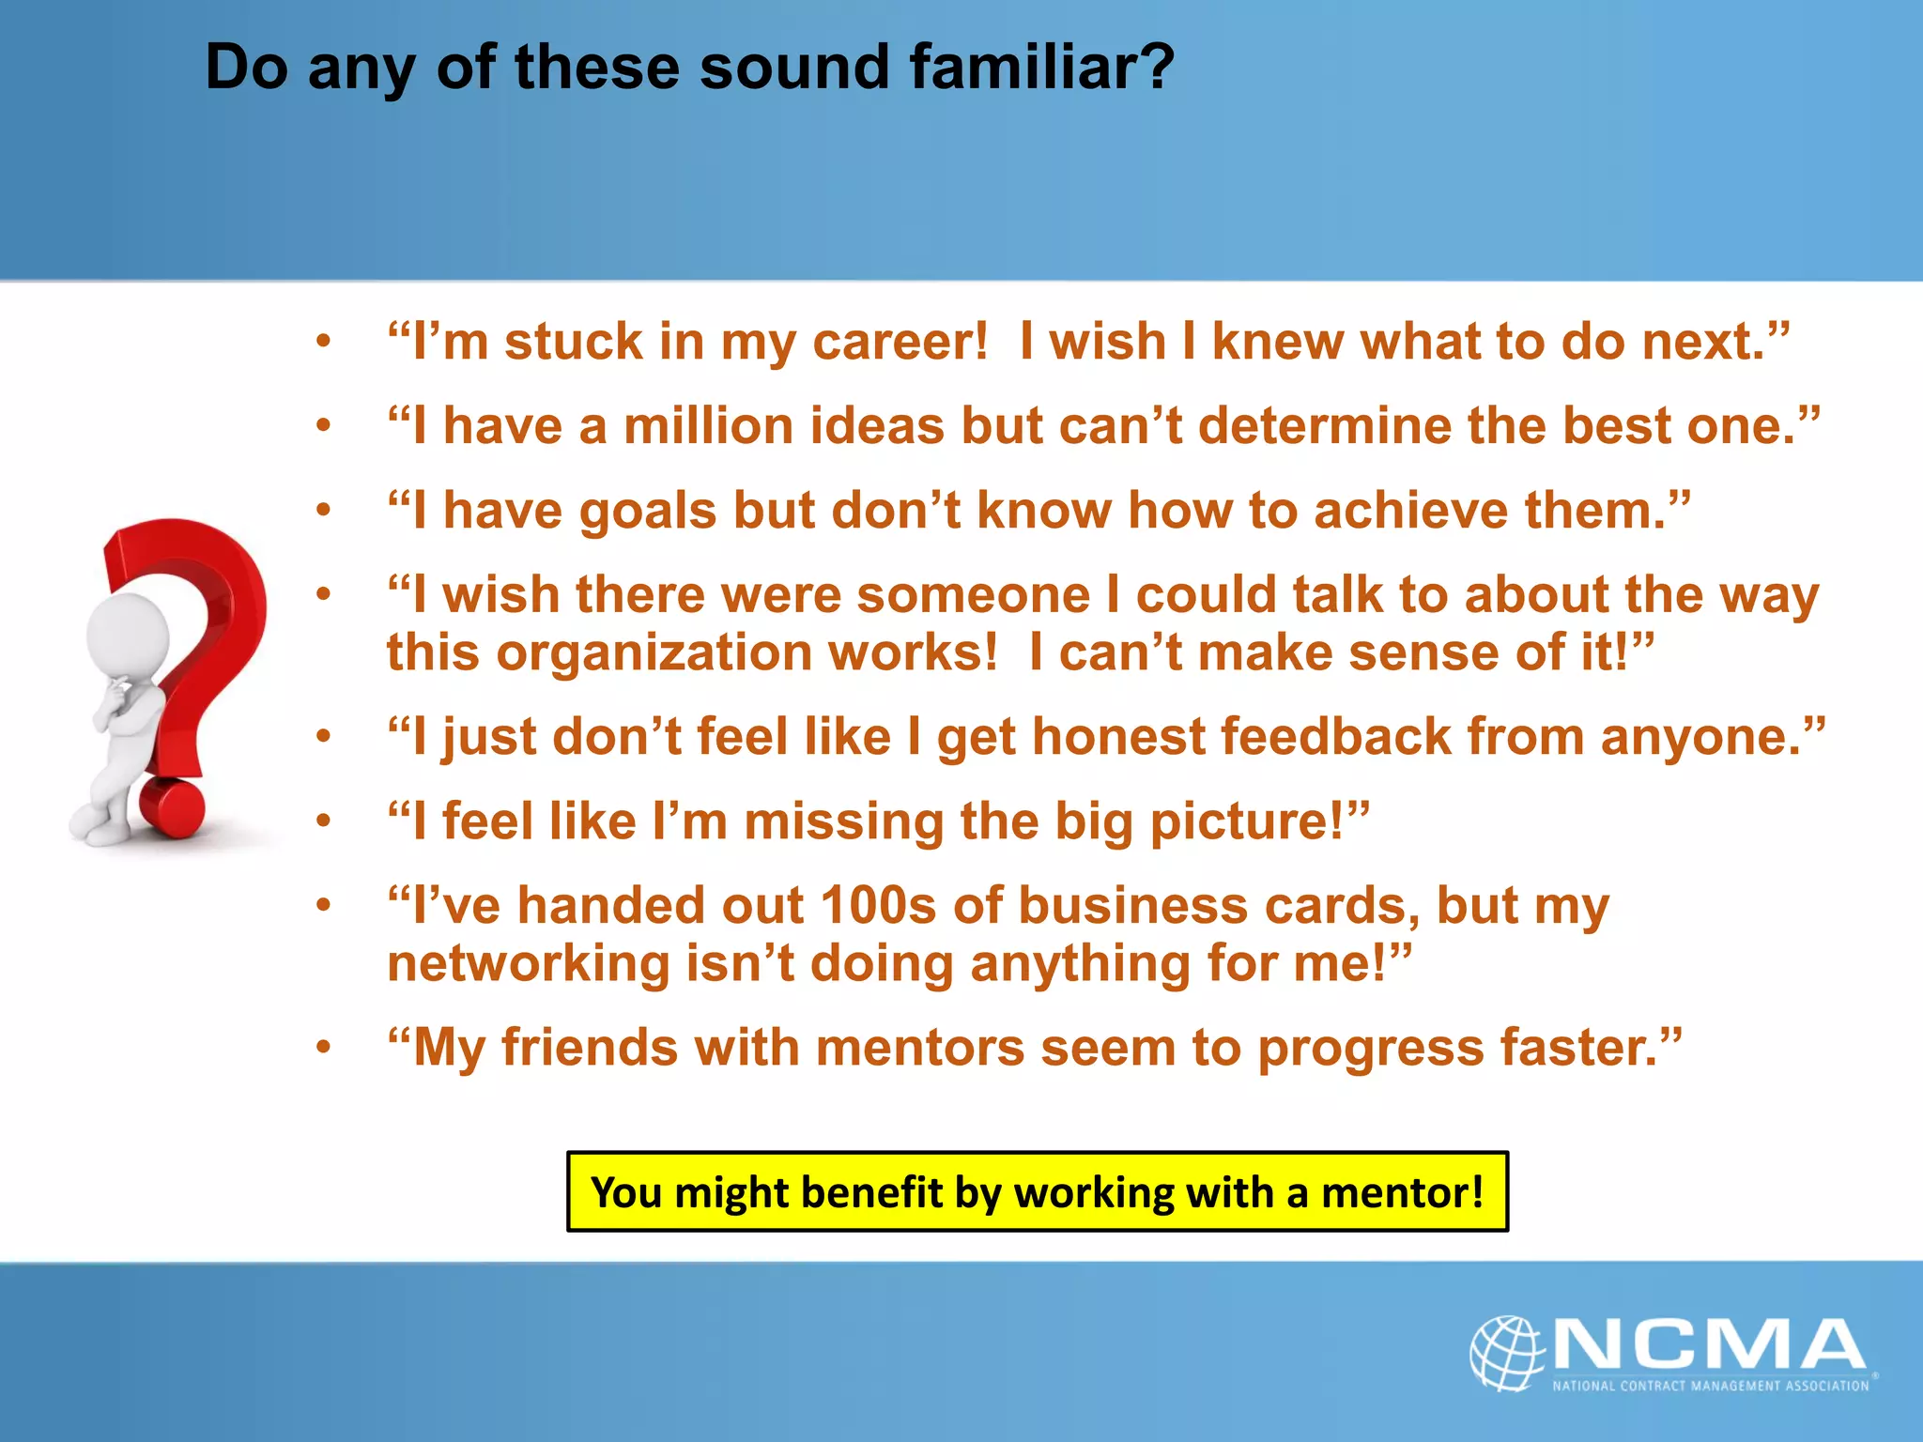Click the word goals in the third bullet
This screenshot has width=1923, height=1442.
pos(648,513)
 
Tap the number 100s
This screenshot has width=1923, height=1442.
pos(878,907)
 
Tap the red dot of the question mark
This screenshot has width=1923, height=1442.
pos(172,807)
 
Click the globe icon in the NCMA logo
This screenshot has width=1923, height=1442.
pos(1506,1353)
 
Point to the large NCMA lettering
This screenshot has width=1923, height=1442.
pos(1709,1344)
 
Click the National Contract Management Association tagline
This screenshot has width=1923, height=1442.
pos(1710,1386)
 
